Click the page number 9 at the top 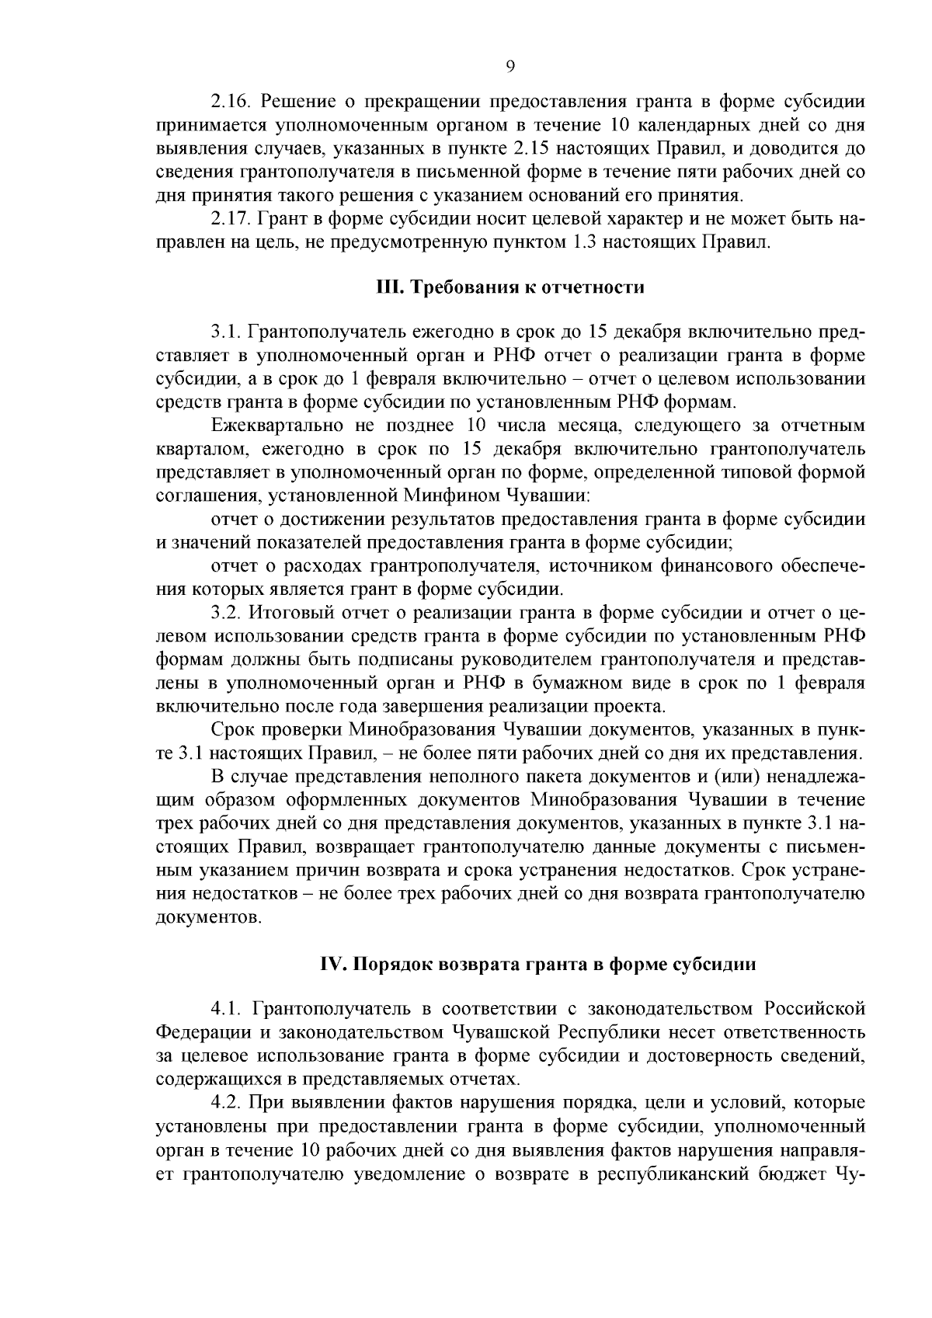[x=510, y=67]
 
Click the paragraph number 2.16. [x=231, y=102]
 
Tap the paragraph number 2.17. [x=231, y=220]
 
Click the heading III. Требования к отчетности [x=510, y=287]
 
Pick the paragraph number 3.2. [x=225, y=613]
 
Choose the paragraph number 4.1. [x=225, y=1010]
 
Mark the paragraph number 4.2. [x=225, y=1103]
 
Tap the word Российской [x=815, y=1010]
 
